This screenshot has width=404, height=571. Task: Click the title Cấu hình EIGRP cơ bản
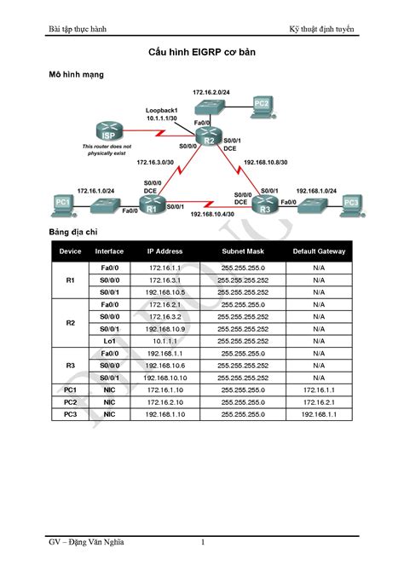click(x=202, y=54)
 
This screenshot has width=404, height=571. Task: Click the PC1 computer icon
click(x=62, y=203)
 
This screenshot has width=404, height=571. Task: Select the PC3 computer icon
click(x=349, y=203)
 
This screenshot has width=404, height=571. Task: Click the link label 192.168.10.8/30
click(x=265, y=159)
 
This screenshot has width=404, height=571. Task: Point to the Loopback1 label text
click(x=161, y=111)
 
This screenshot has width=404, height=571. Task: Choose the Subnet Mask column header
click(x=244, y=251)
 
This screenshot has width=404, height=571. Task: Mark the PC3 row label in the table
click(x=70, y=413)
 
